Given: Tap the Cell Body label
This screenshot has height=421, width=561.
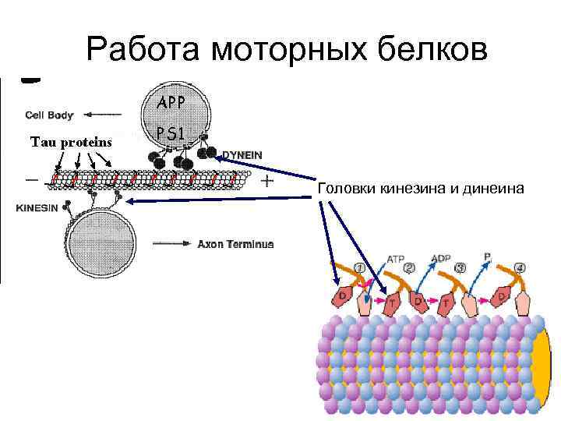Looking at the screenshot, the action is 49,115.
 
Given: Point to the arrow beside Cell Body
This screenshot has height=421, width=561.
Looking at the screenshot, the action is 101,115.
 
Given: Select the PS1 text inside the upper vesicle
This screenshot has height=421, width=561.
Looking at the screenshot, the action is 171,134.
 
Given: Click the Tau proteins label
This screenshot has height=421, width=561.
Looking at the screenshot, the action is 71,142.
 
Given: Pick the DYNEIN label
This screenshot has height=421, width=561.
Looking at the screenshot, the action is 242,155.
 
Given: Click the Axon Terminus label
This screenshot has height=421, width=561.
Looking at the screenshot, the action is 235,244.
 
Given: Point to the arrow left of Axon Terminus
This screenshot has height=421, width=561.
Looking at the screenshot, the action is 171,244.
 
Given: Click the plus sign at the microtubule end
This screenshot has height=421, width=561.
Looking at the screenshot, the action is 267,182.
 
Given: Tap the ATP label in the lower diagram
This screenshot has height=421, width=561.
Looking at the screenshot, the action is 396,259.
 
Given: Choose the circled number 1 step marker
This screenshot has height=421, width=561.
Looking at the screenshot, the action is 359,267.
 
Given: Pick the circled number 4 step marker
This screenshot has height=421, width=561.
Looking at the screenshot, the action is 520,267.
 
